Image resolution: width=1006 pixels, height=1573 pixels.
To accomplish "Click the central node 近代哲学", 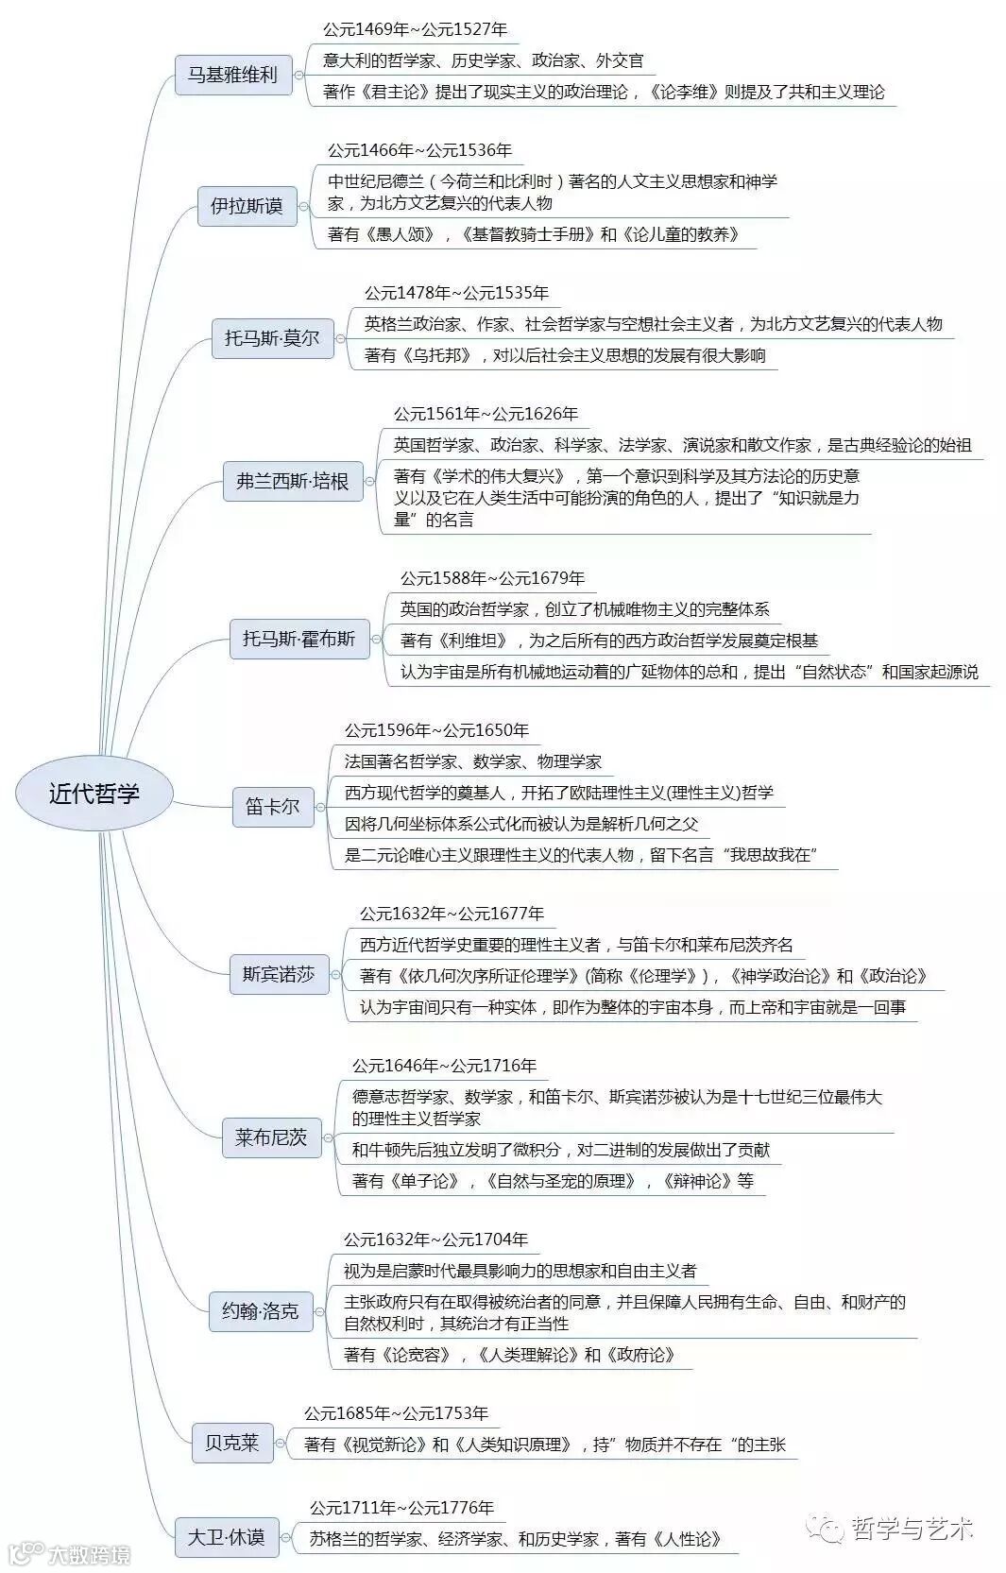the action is [94, 793].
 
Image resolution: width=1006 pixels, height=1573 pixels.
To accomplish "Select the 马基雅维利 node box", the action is [232, 75].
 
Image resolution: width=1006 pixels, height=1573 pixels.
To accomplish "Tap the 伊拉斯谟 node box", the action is [247, 205].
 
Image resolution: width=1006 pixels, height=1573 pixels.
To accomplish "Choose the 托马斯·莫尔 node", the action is [272, 337].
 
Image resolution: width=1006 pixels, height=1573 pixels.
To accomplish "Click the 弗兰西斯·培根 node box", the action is [292, 481].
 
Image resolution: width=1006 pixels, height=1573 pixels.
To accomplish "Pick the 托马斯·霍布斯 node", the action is [298, 639].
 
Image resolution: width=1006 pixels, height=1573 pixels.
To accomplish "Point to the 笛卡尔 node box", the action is [272, 807].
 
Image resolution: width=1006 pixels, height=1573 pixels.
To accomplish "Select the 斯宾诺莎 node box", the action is [278, 974].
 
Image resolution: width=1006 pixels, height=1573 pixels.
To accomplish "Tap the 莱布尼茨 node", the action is [271, 1137].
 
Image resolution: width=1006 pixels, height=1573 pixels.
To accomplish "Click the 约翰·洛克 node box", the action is [260, 1310].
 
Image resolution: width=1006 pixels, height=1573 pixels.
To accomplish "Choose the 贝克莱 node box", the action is [231, 1443].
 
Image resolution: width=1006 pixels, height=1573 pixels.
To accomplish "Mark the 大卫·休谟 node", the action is [226, 1537].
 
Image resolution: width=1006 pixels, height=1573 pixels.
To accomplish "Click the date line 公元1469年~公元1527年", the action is [415, 29].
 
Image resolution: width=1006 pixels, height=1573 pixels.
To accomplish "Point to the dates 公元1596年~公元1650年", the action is [436, 730].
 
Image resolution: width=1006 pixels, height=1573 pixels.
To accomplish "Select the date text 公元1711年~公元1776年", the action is [401, 1508].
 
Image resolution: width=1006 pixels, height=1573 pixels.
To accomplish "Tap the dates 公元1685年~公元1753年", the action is [396, 1413].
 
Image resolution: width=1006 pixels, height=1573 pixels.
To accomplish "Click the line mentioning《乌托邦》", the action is [565, 355].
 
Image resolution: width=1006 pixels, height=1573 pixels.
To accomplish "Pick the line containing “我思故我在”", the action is [580, 855].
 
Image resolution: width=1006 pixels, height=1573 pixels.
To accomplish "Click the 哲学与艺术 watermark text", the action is [911, 1529].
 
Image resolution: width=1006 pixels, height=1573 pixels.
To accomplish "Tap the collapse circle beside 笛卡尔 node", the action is [320, 808].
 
